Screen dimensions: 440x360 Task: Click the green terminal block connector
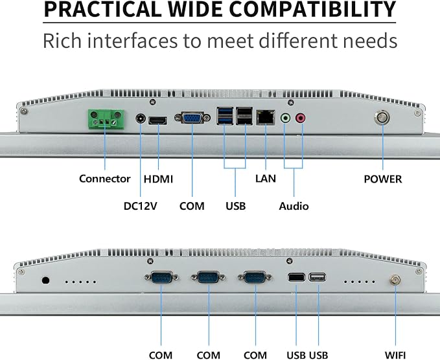[106, 119]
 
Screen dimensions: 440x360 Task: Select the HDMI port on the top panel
[157, 121]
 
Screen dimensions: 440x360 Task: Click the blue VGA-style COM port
[192, 118]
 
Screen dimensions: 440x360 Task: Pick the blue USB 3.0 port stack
[225, 116]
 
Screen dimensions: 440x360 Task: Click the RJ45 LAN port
[265, 117]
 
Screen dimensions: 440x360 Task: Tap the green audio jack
[285, 118]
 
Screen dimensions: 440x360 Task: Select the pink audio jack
[300, 118]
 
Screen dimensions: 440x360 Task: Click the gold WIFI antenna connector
[395, 280]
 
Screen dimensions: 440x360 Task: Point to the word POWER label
[383, 179]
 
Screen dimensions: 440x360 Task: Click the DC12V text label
[141, 206]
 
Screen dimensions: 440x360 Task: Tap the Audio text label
[294, 206]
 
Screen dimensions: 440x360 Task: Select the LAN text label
[266, 179]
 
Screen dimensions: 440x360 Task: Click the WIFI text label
[395, 355]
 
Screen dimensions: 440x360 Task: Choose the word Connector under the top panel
[105, 179]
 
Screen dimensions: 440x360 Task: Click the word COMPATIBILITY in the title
[312, 10]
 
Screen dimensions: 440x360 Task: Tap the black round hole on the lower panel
[45, 280]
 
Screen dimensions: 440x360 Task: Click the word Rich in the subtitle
[62, 41]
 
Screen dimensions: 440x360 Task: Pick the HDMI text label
[158, 179]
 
